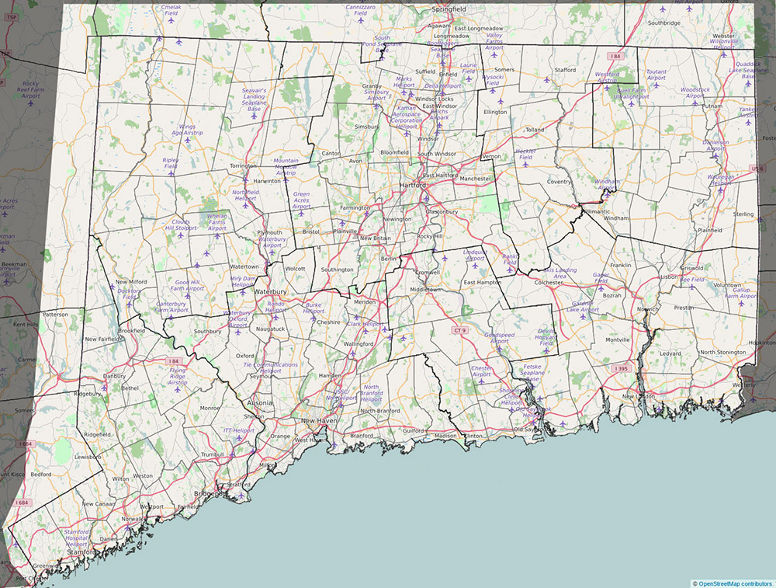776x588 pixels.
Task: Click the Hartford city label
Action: [413, 186]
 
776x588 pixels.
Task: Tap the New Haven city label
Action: [320, 420]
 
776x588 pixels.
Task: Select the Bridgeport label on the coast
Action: [210, 493]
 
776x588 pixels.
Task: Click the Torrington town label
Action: [243, 166]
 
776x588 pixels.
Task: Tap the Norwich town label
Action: [646, 309]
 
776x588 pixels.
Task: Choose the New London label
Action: [639, 396]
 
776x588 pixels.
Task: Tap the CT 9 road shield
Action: [461, 330]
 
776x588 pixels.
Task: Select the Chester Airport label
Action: [482, 371]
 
